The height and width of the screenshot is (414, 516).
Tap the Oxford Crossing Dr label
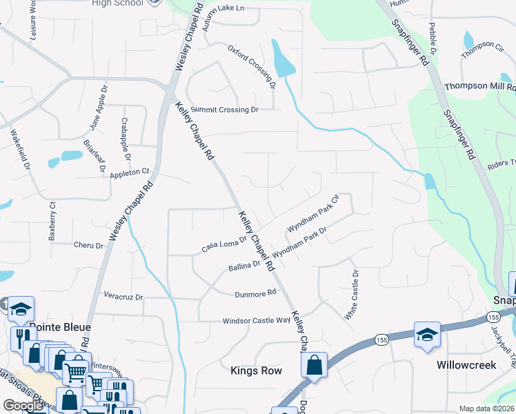252,67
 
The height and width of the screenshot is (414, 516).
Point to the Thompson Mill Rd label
479,87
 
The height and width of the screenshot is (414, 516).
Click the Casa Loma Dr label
224,245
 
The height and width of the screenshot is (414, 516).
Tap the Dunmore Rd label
255,293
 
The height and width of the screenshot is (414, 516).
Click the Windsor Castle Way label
256,321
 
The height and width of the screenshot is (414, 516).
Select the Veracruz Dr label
123,297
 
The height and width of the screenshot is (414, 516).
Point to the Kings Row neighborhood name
256,371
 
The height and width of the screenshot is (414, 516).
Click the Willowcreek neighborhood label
466,364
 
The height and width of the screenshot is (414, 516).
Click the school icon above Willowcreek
427,335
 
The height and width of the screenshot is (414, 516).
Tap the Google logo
23,406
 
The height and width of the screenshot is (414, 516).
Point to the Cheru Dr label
88,245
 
